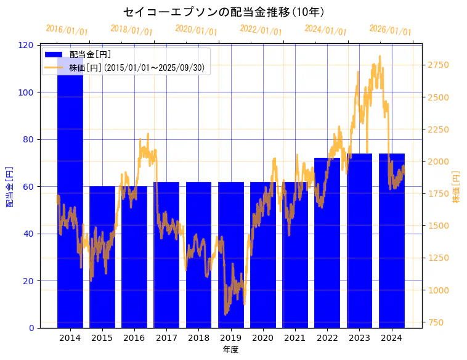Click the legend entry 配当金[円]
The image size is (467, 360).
[90, 55]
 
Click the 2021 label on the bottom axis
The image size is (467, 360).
[295, 338]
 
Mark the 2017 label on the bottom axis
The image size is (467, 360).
[166, 338]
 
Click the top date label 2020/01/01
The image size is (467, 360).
[196, 30]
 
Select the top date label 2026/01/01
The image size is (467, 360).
[390, 30]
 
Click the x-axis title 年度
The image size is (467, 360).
[231, 350]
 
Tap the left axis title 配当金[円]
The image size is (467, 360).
[10, 186]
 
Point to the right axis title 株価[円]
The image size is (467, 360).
[457, 187]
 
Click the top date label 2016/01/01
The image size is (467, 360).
[67, 30]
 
